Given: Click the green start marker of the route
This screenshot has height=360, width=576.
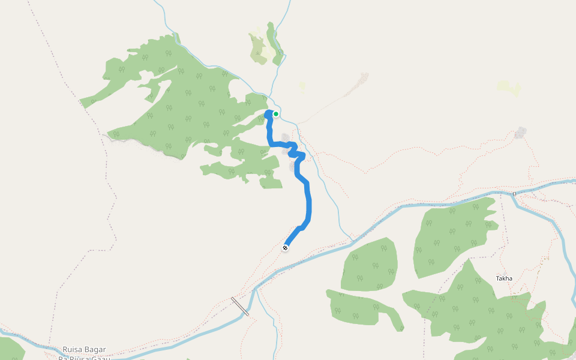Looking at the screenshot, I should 276,114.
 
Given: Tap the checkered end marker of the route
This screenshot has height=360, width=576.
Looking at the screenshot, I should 285,248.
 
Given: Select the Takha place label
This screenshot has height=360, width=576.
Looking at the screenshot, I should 504,278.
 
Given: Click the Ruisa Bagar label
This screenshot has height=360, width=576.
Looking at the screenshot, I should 84,349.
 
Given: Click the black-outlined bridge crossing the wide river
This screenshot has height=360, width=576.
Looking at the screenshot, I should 240,306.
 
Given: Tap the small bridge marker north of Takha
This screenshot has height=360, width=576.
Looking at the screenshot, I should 514,194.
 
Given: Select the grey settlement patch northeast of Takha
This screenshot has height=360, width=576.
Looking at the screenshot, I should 520,132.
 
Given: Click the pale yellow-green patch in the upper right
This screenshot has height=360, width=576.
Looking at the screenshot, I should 509,88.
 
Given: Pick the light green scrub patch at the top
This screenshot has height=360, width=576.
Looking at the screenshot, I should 259,45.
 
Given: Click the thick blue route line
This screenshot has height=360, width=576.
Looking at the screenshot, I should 308,204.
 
